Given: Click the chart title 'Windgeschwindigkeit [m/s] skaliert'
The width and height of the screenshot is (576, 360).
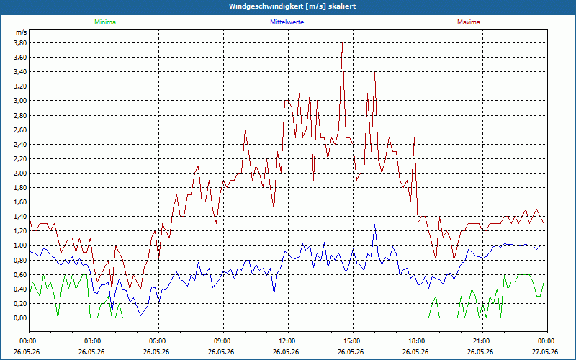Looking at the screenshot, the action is pos(292,6).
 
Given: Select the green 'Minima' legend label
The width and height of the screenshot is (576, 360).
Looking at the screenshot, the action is pos(105,22).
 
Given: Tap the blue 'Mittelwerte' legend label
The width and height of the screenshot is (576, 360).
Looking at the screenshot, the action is pos(287,22).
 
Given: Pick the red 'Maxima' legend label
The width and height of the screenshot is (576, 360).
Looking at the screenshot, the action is pos(469,22).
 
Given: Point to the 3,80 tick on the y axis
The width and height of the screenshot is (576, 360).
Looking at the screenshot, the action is pos(20,43).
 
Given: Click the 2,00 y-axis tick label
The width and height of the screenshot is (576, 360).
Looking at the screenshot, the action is pos(20,174).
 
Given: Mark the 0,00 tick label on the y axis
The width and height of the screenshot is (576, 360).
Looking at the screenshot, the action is pos(20,318).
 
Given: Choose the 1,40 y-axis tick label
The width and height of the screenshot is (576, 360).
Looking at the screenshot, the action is pos(20,217).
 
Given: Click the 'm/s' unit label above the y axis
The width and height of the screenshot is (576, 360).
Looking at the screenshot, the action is pos(21,32).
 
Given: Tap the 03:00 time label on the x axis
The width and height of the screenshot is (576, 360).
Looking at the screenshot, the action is pos(94,341).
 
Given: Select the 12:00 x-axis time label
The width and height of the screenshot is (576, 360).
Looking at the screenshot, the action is pos(289,341).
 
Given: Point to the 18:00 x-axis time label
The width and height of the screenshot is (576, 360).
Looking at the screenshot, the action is pos(418,341).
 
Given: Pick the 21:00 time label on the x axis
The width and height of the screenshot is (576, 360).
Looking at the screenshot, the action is pos(482,341).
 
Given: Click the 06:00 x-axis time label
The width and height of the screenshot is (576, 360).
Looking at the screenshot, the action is pos(158,341).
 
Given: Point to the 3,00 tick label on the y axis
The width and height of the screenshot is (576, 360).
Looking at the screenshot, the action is pos(20,101).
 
